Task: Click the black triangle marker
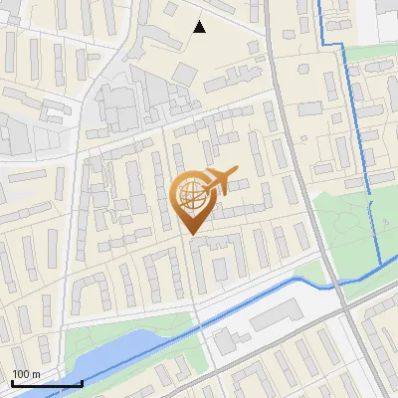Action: point(200,27)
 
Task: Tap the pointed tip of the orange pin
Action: point(192,234)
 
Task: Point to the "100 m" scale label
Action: point(26,374)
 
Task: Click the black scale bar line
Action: point(47,383)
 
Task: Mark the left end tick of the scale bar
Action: point(12,382)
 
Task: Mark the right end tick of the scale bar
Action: point(82,382)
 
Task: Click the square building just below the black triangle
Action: point(187,73)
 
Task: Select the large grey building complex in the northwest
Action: point(114,104)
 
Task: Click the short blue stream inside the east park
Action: point(376,234)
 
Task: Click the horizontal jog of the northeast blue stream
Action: point(334,46)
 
